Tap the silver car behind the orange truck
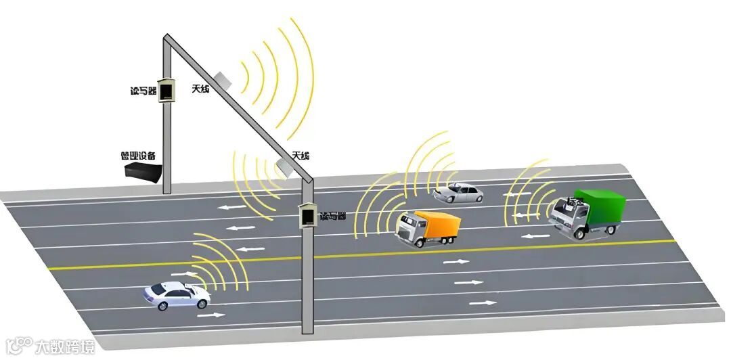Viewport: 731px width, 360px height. point(458,194)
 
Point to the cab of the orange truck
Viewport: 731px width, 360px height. point(410,229)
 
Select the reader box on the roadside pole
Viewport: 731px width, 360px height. point(167,90)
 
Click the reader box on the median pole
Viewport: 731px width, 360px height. point(309,215)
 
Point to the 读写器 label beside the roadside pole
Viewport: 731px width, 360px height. point(142,91)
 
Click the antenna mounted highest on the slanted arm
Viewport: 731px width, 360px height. point(223,79)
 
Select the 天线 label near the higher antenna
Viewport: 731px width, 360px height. point(200,89)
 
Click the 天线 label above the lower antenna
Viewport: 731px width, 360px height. point(301,156)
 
